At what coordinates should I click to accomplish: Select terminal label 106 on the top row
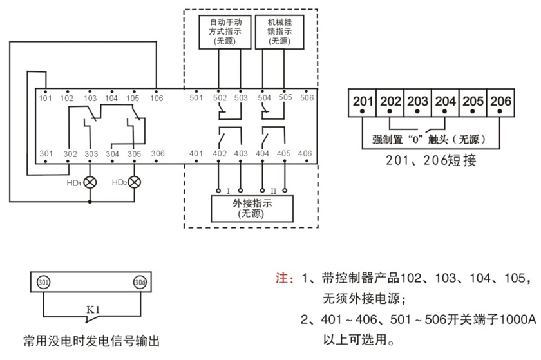point(157,99)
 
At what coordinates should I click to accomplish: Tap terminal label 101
point(45,99)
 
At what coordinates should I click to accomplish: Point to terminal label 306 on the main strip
point(157,154)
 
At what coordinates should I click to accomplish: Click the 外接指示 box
point(252,208)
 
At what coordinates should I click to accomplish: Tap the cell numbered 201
point(363,102)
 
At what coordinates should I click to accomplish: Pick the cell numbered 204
point(445,102)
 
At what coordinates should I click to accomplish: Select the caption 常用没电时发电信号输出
point(90,340)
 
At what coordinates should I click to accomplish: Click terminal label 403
point(240,154)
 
